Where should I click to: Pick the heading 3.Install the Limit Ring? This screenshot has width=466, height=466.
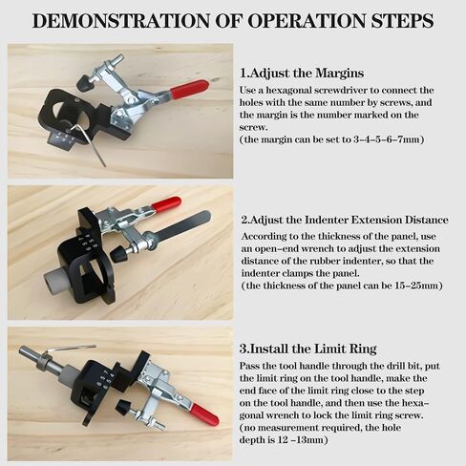[x=309, y=348]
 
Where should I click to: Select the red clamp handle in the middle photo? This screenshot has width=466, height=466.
[x=165, y=203]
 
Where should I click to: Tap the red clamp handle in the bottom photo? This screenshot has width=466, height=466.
[x=202, y=415]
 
